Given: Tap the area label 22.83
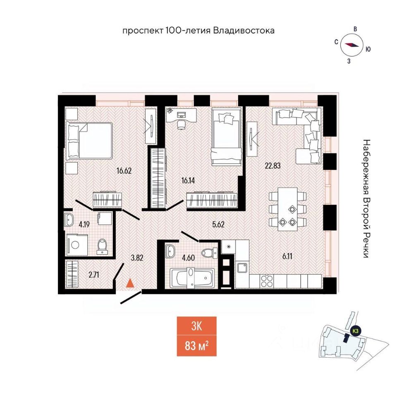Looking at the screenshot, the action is point(273,166).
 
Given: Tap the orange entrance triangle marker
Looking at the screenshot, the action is point(130,283).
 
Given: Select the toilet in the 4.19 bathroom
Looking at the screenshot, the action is point(102,246).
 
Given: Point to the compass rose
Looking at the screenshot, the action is point(352,45).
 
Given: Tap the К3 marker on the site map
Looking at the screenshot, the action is point(355,330).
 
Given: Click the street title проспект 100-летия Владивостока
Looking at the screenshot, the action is point(198,31).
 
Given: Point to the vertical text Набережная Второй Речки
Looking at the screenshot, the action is point(366,198).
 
